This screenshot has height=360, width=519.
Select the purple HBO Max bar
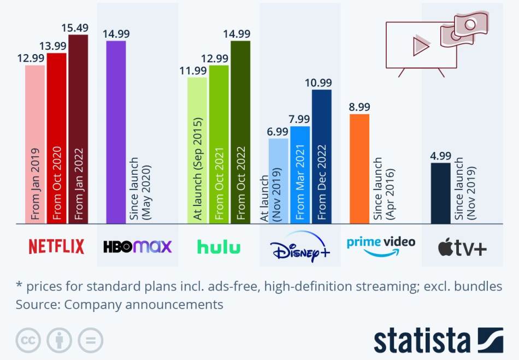tap(116, 132)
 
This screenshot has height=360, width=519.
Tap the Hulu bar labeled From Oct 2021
tap(219, 144)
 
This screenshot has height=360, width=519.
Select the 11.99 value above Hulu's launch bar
tap(197, 69)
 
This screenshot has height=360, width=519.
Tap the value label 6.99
tap(278, 131)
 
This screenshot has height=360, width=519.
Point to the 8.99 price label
tap(359, 107)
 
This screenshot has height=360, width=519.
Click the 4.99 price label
tap(441, 155)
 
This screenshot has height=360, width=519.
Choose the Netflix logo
tap(56, 246)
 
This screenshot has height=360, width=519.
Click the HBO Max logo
tap(137, 246)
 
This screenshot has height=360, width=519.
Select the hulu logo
tap(219, 247)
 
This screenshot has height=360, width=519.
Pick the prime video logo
tap(381, 245)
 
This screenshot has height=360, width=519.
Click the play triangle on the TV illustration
tap(420, 45)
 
